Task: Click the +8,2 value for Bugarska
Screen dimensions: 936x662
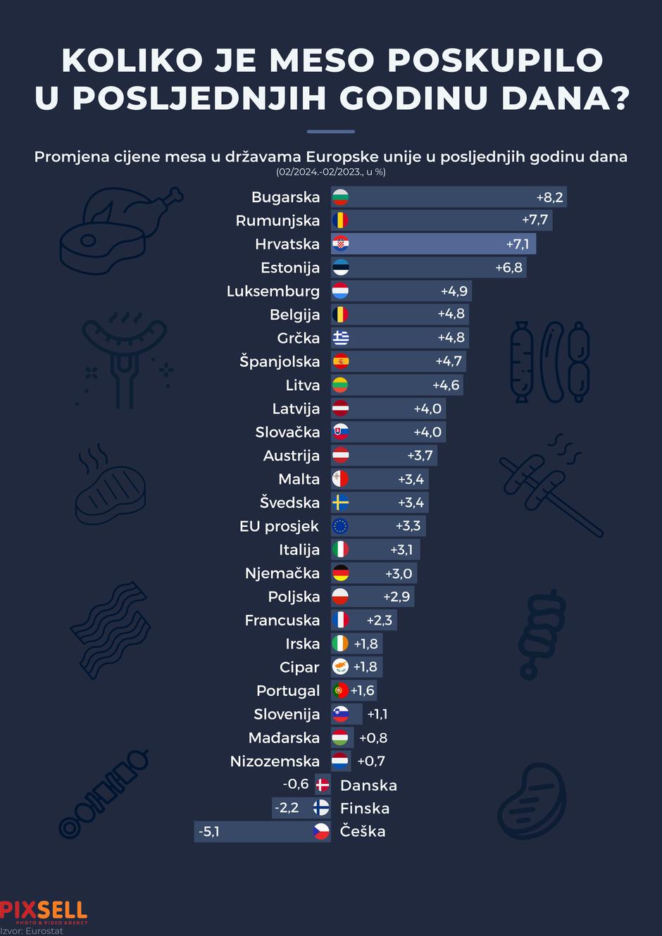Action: pyautogui.click(x=549, y=197)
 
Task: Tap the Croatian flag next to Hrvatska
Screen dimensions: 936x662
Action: pyautogui.click(x=341, y=244)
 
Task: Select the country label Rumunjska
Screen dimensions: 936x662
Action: pyautogui.click(x=277, y=220)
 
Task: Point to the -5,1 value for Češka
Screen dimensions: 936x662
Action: pyautogui.click(x=209, y=832)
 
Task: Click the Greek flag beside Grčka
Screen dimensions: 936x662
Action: pyautogui.click(x=341, y=338)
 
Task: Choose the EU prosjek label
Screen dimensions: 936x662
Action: pyautogui.click(x=279, y=526)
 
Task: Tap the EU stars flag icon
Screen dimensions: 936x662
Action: pyautogui.click(x=341, y=526)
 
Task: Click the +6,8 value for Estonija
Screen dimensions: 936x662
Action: pyautogui.click(x=508, y=268)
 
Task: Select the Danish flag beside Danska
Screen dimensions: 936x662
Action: pyautogui.click(x=323, y=785)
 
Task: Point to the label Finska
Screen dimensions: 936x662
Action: pyautogui.click(x=364, y=809)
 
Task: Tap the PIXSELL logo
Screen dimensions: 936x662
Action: pyautogui.click(x=44, y=911)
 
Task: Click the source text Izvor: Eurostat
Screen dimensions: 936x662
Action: pyautogui.click(x=32, y=931)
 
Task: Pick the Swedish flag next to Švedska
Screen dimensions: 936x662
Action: pyautogui.click(x=341, y=503)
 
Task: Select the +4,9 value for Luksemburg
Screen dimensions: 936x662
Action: pyautogui.click(x=454, y=291)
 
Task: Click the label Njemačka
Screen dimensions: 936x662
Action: pyautogui.click(x=282, y=573)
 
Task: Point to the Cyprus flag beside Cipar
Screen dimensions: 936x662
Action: pyautogui.click(x=341, y=667)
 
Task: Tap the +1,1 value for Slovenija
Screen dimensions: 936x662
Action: pyautogui.click(x=377, y=714)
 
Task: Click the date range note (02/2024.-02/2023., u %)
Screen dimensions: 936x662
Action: pyautogui.click(x=331, y=172)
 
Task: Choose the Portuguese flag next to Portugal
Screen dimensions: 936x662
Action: pyautogui.click(x=340, y=691)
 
